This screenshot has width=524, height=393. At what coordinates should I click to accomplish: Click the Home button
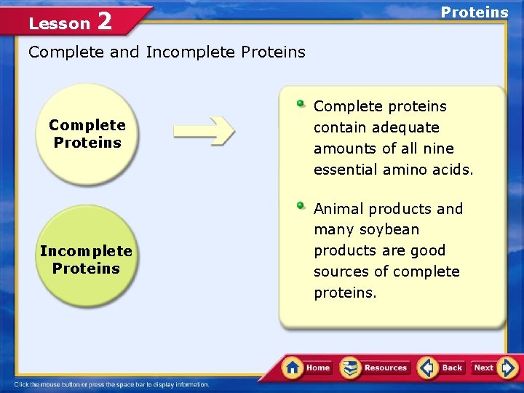point(307,368)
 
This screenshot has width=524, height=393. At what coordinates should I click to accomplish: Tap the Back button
point(441,368)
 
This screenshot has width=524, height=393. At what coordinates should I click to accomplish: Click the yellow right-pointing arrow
point(204,131)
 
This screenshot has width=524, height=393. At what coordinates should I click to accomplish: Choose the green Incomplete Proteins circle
point(86,259)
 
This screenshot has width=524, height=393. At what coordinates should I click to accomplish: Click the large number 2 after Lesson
point(104,22)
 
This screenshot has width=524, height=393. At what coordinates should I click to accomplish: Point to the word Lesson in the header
point(59,23)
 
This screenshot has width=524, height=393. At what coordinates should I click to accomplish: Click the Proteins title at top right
point(475,12)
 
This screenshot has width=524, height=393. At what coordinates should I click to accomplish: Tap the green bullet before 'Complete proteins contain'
point(301,103)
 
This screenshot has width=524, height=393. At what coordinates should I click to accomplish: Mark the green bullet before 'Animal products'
point(301,205)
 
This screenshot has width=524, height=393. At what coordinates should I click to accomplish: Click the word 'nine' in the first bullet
point(440,148)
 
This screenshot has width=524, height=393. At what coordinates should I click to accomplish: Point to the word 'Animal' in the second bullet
point(338,209)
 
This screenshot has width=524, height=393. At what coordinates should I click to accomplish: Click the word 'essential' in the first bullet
point(344,170)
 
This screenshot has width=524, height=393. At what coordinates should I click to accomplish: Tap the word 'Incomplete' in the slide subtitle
point(191,52)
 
